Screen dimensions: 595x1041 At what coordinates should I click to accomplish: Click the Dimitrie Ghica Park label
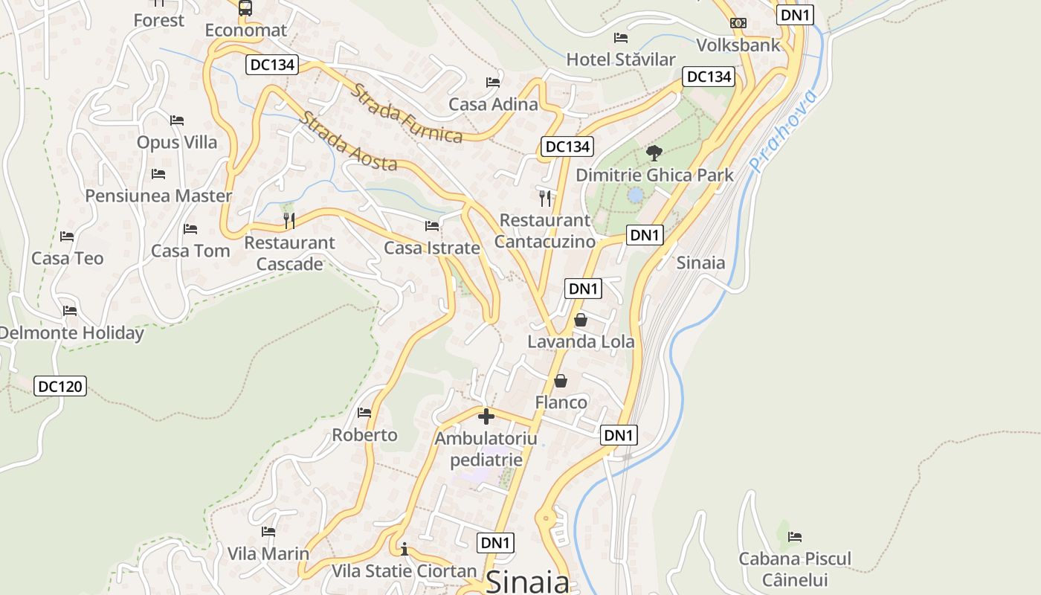click(x=654, y=176)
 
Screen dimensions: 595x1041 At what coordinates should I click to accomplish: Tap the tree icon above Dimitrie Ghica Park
click(x=654, y=153)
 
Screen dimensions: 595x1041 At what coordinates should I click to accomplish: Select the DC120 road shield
click(x=60, y=386)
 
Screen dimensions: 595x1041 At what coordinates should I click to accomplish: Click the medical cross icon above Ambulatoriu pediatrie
click(x=486, y=416)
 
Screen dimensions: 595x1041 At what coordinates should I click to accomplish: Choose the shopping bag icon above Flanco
click(x=561, y=381)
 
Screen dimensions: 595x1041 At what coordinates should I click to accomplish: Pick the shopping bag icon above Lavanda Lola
click(x=581, y=320)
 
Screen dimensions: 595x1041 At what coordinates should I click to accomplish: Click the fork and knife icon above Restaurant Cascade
click(x=289, y=220)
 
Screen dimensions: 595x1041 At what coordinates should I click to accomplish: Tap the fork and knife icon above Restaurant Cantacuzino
click(x=545, y=198)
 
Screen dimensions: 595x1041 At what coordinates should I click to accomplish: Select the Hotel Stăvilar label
click(x=621, y=59)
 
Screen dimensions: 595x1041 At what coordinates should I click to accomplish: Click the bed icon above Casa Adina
click(x=492, y=82)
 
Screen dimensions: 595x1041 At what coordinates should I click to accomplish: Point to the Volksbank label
click(x=738, y=45)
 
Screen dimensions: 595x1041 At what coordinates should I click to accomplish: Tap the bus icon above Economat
click(x=245, y=8)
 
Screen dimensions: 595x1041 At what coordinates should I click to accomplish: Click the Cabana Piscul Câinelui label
click(x=795, y=569)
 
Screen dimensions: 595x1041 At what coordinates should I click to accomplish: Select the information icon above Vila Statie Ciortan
click(x=404, y=549)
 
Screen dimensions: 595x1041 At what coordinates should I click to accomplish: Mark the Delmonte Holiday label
click(x=71, y=332)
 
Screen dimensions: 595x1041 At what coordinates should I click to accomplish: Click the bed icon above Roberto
click(x=364, y=412)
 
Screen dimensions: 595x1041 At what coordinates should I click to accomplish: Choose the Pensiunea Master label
click(x=158, y=196)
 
